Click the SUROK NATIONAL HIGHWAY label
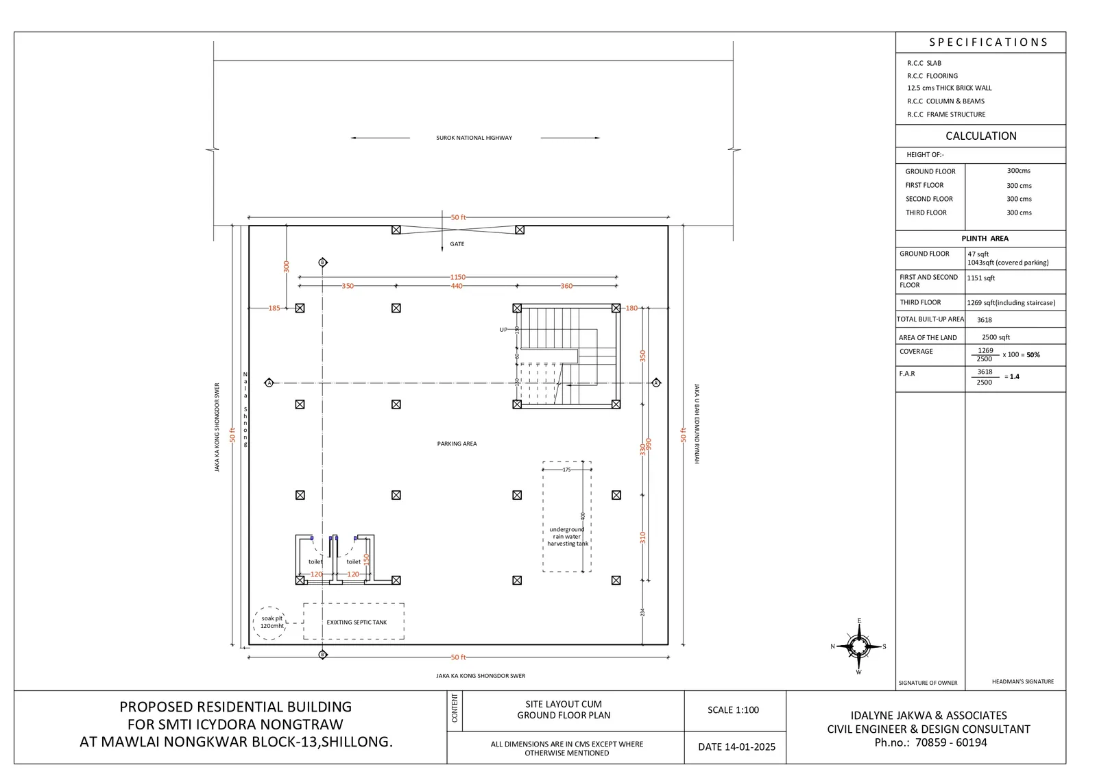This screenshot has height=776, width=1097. tap(474, 138)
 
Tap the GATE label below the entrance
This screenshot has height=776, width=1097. tap(457, 244)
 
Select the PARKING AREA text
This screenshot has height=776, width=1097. tap(457, 444)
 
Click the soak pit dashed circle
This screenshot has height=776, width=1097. tap(269, 622)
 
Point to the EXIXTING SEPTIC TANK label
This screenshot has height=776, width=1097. tap(357, 622)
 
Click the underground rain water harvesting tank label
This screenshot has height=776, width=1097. tap(567, 537)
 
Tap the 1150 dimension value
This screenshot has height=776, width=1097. tap(457, 277)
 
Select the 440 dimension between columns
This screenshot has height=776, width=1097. tap(457, 286)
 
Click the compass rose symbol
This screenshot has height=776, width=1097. tap(858, 646)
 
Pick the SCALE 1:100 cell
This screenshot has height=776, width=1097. tap(733, 710)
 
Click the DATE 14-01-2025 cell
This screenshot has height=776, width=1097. tap(736, 747)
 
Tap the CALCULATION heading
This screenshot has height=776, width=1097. tap(980, 136)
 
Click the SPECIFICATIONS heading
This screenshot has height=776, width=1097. tap(988, 43)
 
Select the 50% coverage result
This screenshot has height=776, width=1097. tap(1033, 355)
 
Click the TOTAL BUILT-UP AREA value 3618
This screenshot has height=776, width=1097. tap(984, 320)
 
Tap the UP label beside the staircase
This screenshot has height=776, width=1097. tap(503, 330)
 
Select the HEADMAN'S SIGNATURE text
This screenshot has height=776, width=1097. tap(1022, 681)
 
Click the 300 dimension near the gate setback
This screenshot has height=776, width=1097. tap(287, 266)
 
